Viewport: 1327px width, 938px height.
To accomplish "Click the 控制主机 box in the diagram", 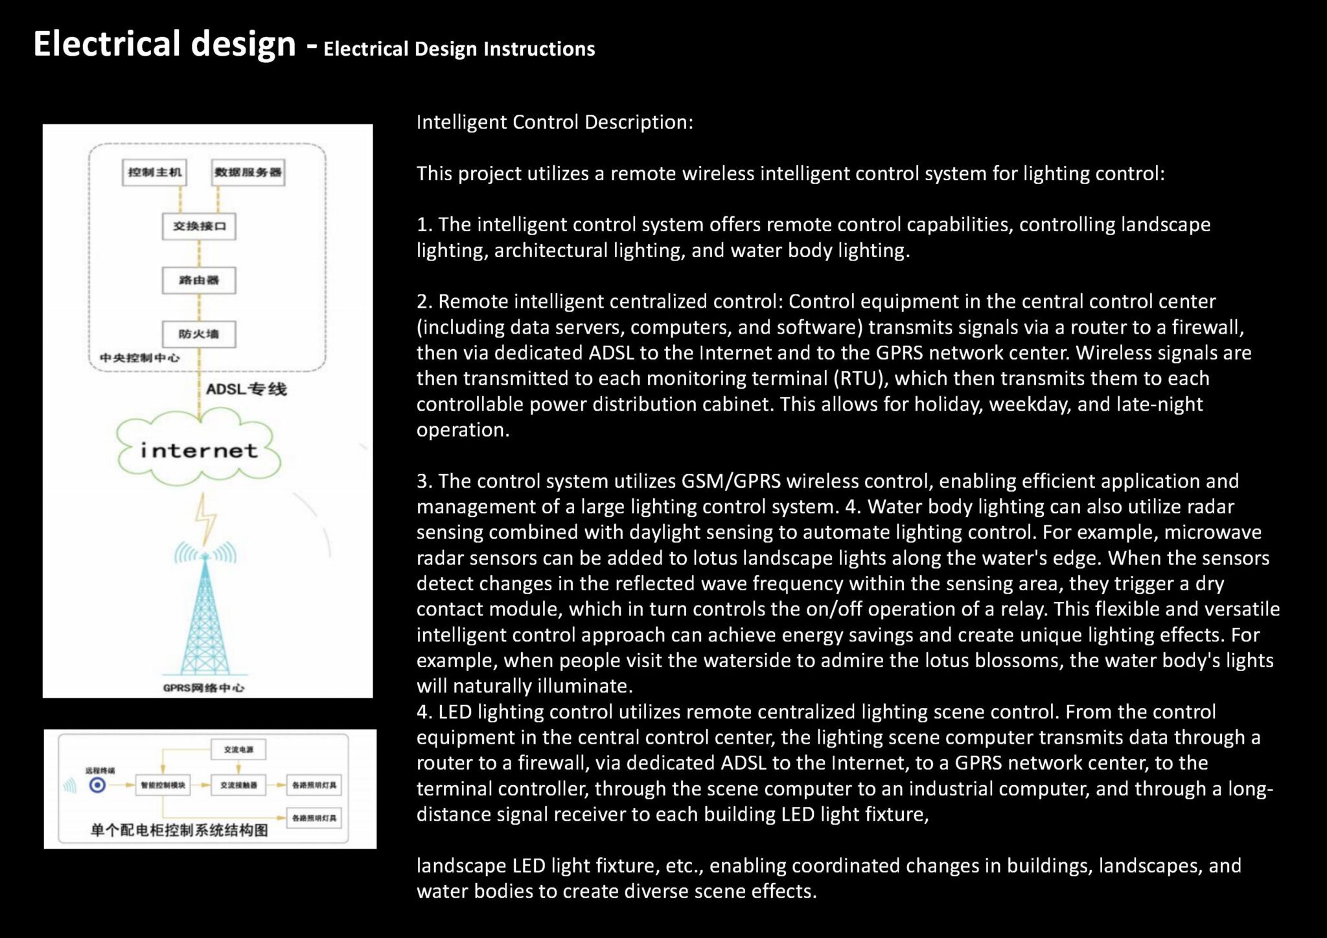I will [154, 172].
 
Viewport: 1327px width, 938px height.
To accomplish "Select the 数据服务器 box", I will [248, 172].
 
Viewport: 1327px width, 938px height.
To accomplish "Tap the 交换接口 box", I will [199, 226].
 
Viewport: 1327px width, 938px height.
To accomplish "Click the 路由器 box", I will [199, 280].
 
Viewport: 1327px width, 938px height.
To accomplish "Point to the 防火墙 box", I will [199, 334].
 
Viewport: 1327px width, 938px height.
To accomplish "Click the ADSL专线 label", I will [246, 389].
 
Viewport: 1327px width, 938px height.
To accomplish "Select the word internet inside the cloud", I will [199, 451].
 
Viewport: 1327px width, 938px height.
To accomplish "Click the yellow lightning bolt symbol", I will [206, 518].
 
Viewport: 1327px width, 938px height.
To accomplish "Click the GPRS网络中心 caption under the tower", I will [203, 687].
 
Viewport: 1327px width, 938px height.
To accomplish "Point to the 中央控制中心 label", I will [139, 358].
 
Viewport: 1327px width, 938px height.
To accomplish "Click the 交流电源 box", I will [238, 749].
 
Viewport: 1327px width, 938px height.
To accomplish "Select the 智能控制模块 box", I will [163, 785].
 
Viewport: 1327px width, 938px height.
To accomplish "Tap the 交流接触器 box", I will [238, 785].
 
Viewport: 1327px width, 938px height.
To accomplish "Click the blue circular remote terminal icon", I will [97, 785].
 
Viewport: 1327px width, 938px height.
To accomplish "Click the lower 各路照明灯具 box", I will [314, 818].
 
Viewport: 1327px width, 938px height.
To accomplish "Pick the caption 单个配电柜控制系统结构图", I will [179, 830].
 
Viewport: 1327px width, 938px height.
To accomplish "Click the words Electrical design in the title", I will [165, 44].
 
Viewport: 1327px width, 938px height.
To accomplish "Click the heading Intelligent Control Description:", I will [555, 122].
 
